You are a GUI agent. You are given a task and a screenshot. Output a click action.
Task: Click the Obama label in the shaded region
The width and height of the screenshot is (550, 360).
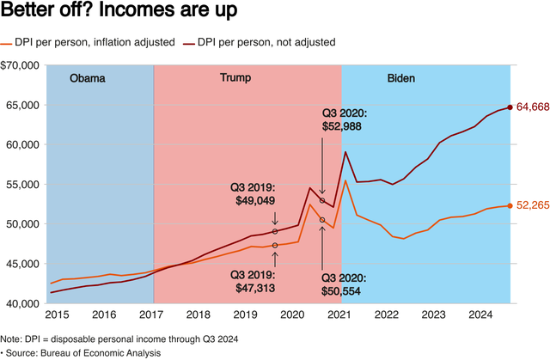click(x=87, y=78)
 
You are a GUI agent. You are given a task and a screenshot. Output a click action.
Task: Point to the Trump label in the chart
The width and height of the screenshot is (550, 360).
click(x=235, y=78)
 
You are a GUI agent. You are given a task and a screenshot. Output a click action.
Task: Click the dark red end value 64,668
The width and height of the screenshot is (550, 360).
click(x=533, y=107)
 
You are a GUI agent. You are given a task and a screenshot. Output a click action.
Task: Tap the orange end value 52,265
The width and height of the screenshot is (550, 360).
click(x=533, y=205)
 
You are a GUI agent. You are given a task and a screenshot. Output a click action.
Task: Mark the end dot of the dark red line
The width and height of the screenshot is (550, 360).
click(x=510, y=107)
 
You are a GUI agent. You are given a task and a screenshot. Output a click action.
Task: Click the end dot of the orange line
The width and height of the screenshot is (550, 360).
click(x=510, y=205)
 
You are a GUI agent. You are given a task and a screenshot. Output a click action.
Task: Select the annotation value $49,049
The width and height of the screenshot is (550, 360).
click(x=257, y=199)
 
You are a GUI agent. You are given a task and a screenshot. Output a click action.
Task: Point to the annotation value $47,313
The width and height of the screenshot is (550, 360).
click(x=256, y=288)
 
